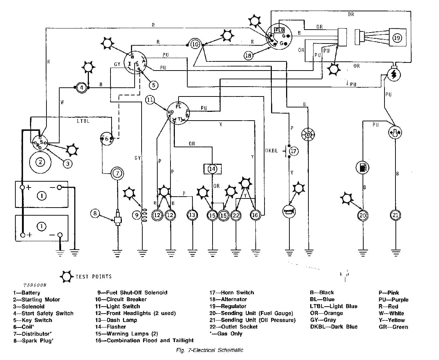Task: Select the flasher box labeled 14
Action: [213, 169]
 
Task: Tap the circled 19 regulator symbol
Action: [397, 38]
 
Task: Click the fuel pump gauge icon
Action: [362, 168]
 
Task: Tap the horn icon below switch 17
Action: [289, 211]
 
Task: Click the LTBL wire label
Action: [83, 121]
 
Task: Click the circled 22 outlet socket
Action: [236, 215]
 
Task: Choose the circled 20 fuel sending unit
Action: [363, 215]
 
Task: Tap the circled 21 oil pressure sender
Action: [395, 215]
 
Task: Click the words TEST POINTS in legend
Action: [93, 276]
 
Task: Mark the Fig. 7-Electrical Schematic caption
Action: [209, 350]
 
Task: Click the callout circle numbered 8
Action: [95, 213]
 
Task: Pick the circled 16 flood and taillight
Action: [255, 215]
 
